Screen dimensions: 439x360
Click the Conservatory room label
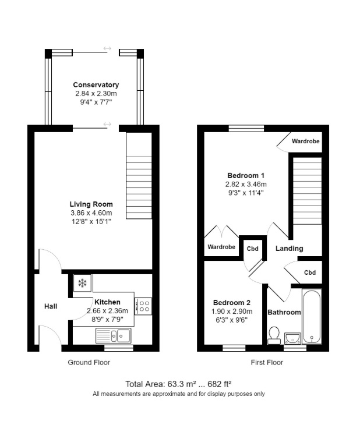point(96,85)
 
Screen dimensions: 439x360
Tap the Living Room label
point(91,204)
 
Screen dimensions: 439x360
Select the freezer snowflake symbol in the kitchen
point(82,284)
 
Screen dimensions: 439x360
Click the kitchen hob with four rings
point(143,307)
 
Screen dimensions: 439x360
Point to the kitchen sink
point(114,335)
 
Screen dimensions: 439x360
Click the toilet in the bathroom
point(274,335)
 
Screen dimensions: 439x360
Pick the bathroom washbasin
point(293,337)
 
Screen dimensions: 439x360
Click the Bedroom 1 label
point(246,176)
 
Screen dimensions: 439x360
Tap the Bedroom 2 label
point(231,303)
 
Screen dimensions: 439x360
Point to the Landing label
point(290,249)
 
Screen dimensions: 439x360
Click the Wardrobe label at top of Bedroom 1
point(306,141)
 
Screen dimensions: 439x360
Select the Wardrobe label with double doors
point(221,247)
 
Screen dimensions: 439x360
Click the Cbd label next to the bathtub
point(310,272)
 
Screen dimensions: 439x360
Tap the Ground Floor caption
point(89,362)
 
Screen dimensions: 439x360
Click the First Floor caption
point(267,362)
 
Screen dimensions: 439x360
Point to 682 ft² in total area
point(220,384)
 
